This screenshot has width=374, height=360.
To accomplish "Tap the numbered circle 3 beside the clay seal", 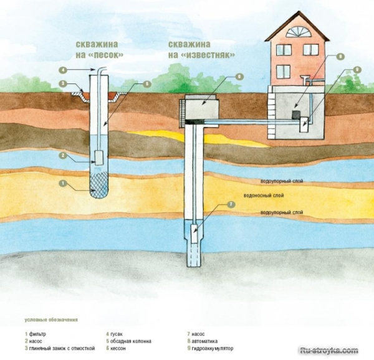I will (x=63, y=83).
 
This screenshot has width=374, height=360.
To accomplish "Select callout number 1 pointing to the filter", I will (x=62, y=183).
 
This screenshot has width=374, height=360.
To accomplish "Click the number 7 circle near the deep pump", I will (x=231, y=204).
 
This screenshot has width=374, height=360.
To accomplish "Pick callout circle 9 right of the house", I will (x=357, y=70).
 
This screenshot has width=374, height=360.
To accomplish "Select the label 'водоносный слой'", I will (x=264, y=196).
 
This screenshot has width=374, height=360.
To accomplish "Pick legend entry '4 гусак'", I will (x=115, y=334).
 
